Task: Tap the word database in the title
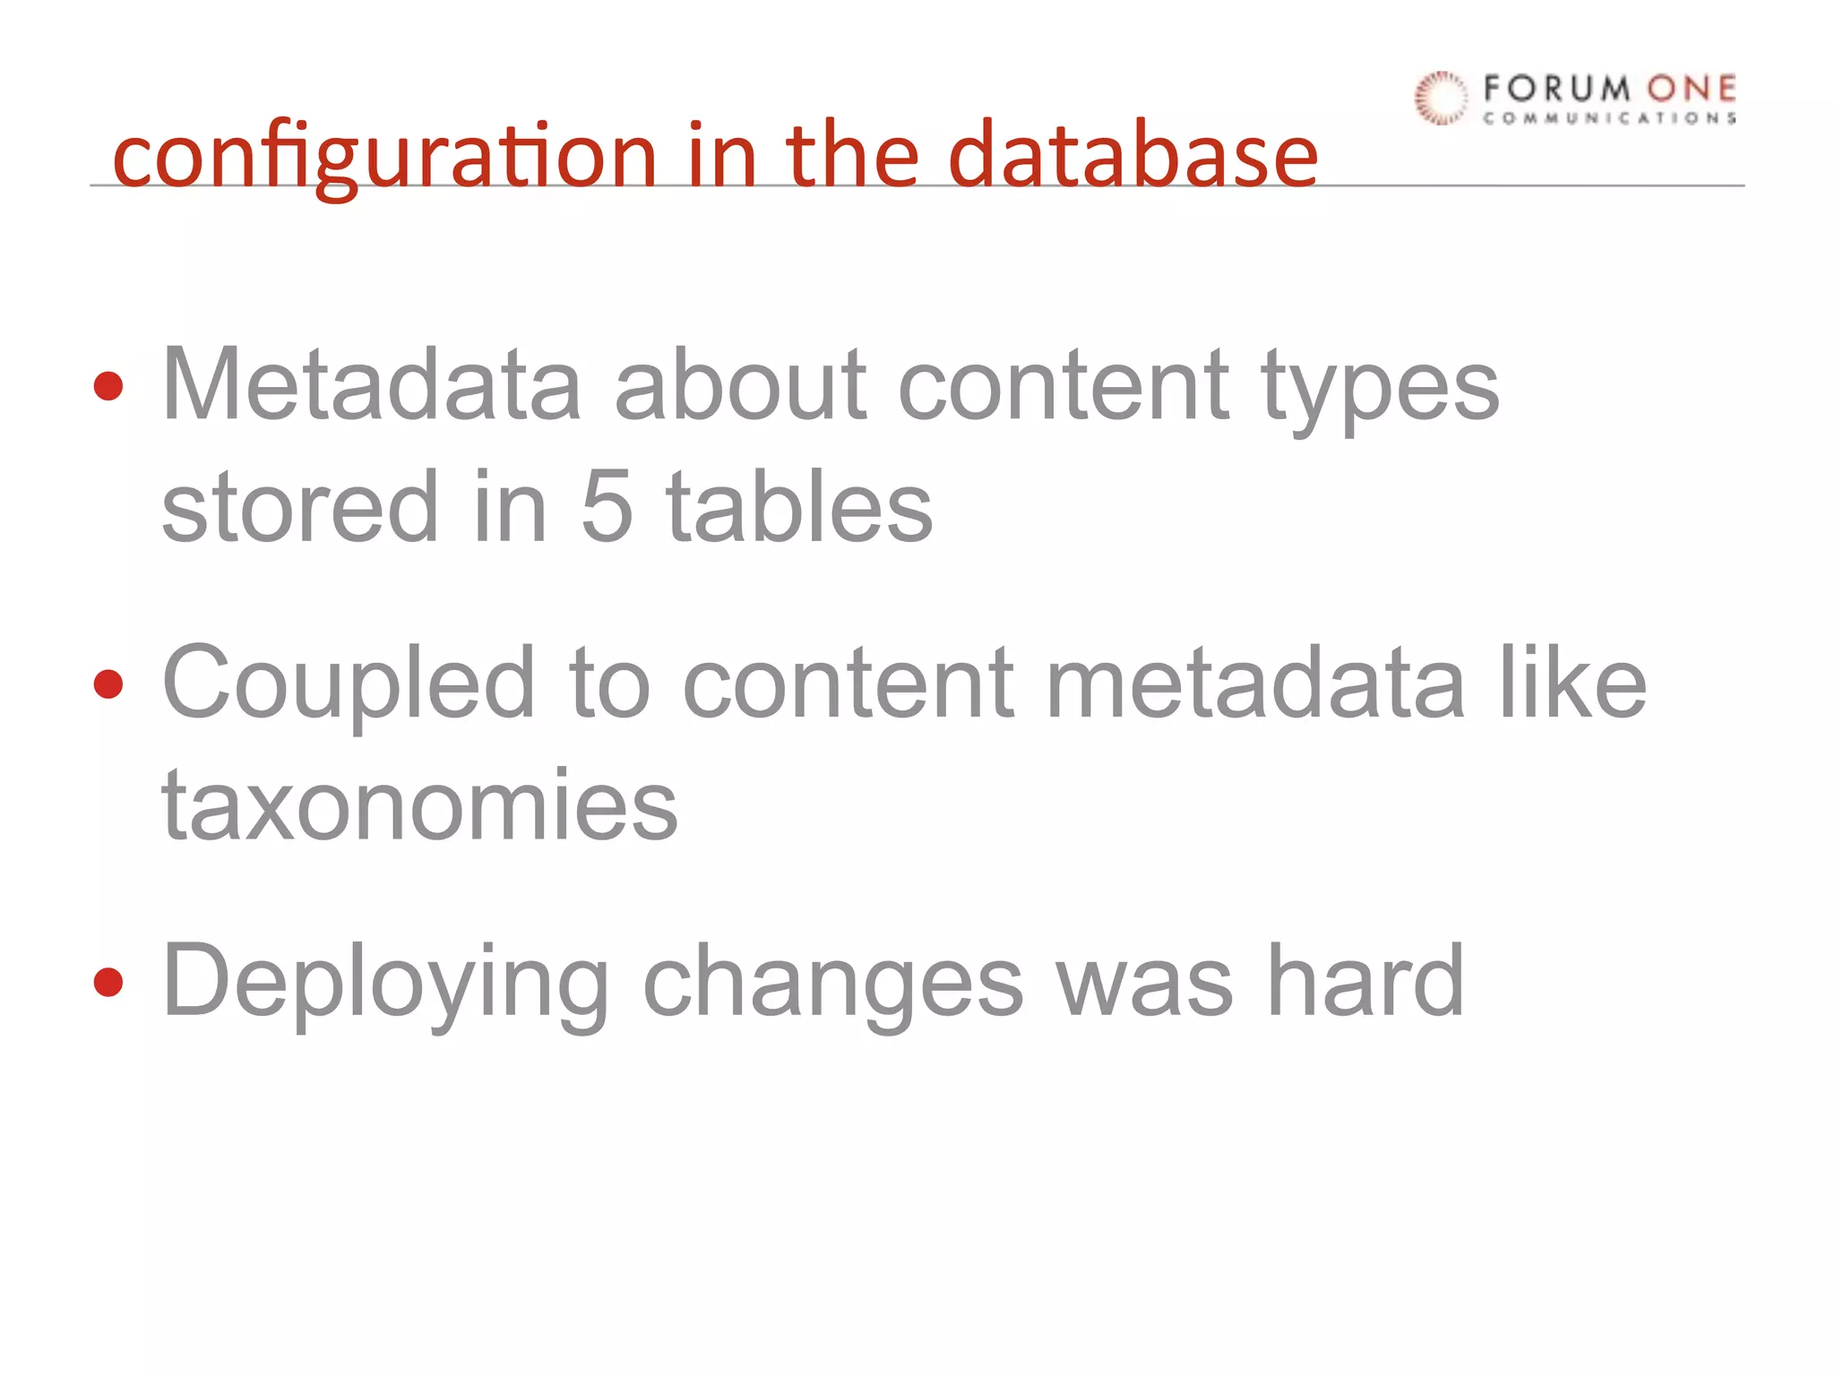click(x=1133, y=156)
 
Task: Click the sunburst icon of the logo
click(x=1441, y=98)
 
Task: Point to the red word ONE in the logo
click(x=1691, y=89)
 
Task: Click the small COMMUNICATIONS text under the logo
click(x=1609, y=118)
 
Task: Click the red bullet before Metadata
click(x=108, y=386)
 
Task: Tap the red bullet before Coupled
click(x=108, y=684)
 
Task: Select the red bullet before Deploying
click(x=108, y=983)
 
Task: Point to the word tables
click(x=799, y=507)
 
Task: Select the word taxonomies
click(x=419, y=806)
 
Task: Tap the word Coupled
click(x=349, y=686)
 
